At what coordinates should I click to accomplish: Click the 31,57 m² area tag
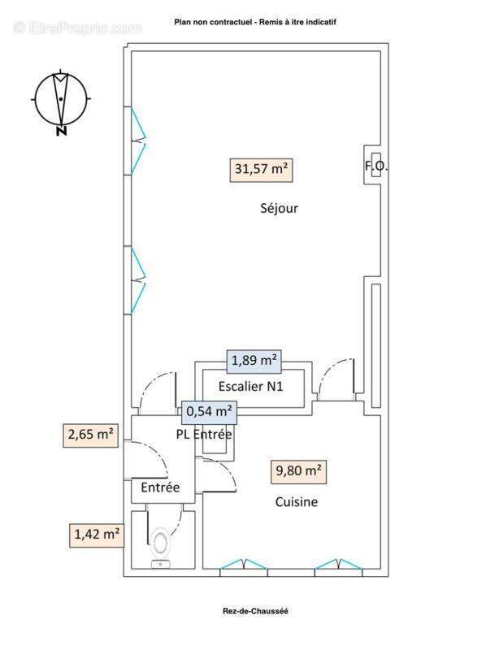[261, 170]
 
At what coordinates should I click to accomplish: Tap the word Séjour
[279, 208]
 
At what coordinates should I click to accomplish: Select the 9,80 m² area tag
[298, 472]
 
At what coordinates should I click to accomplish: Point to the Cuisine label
[297, 502]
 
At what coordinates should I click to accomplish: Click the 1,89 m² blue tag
[254, 361]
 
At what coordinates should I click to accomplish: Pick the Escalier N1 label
[251, 387]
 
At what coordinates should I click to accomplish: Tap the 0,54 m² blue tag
[210, 413]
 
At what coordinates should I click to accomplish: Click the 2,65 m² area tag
[90, 435]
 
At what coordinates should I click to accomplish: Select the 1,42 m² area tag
[97, 535]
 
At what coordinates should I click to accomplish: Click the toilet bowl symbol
[161, 542]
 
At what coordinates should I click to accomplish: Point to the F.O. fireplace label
[376, 167]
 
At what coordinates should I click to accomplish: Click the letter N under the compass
[62, 132]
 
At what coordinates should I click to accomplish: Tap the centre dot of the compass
[61, 99]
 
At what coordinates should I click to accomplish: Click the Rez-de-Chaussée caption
[255, 611]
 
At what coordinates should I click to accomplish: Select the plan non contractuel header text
[255, 22]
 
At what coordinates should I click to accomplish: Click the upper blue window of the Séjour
[138, 141]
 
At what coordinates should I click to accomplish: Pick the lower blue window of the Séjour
[138, 280]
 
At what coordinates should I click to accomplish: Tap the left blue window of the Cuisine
[244, 564]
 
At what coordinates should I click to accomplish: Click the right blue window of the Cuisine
[338, 564]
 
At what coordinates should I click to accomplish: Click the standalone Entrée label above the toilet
[160, 487]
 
